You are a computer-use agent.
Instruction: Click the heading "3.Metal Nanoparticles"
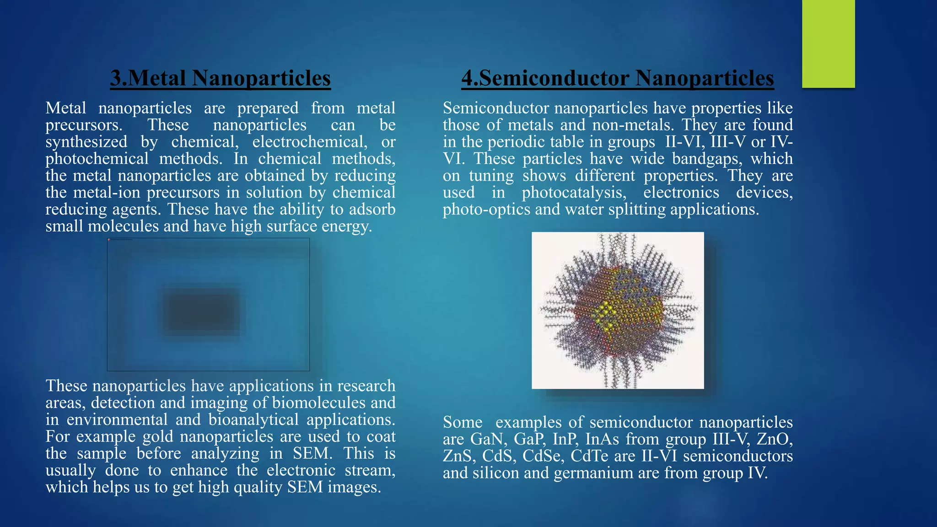(220, 78)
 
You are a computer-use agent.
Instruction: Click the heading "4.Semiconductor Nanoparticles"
(617, 78)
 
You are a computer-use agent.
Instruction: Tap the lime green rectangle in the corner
(828, 43)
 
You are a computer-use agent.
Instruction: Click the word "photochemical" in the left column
(97, 159)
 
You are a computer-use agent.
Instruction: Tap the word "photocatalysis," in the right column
(574, 193)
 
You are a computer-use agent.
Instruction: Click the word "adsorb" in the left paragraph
(372, 210)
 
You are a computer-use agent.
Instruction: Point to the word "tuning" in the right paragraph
(491, 176)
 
